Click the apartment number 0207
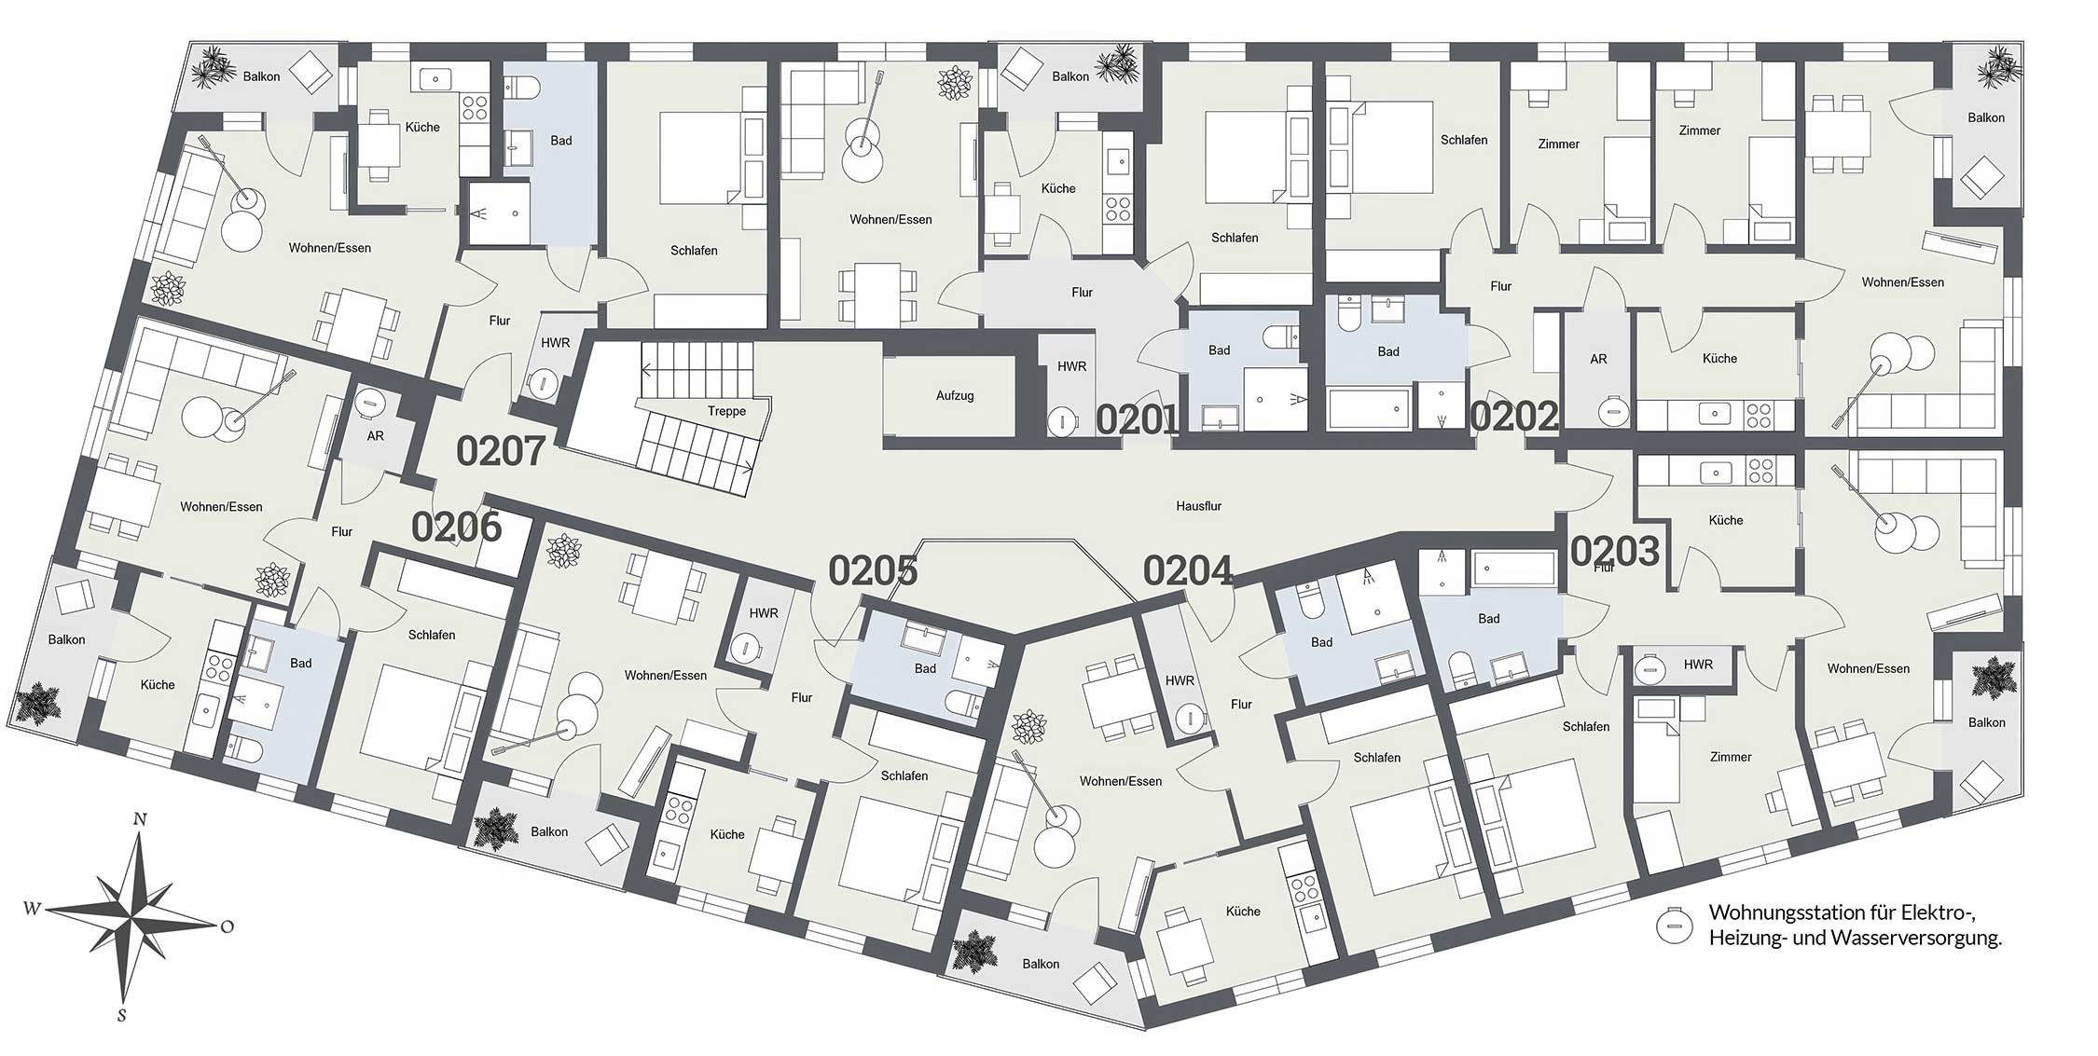501,451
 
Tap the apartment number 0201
1139,420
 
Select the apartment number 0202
1514,417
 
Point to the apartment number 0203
1615,552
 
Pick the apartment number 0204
1188,570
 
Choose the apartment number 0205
873,570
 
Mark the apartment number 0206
457,528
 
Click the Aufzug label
955,396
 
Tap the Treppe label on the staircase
726,411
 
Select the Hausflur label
1198,506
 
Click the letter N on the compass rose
140,819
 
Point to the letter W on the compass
32,909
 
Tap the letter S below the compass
121,1015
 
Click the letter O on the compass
227,926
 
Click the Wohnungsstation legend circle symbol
1674,926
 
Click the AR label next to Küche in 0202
1598,359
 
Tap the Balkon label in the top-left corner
261,76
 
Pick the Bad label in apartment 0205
925,668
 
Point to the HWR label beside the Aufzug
1071,366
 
